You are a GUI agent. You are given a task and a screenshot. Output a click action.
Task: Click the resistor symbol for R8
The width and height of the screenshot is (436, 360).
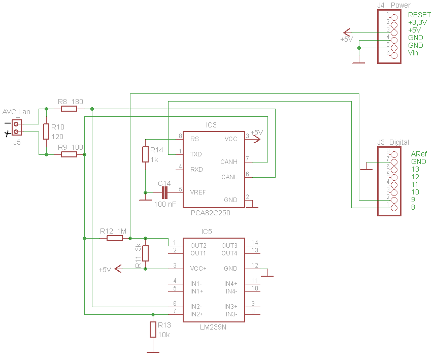[x=69, y=109]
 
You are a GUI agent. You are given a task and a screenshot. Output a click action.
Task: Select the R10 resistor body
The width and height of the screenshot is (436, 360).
[x=46, y=132]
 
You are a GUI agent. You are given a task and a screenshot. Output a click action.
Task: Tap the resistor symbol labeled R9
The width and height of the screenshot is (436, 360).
[x=69, y=154]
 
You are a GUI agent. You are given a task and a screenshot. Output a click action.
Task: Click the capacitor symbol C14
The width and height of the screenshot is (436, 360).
[x=164, y=192]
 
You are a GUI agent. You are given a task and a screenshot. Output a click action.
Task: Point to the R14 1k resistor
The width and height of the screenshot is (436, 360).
[x=145, y=154]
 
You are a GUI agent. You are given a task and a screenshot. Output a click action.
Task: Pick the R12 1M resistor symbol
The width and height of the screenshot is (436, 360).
[x=115, y=238]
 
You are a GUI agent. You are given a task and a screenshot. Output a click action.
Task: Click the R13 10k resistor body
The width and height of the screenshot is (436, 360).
[x=153, y=330]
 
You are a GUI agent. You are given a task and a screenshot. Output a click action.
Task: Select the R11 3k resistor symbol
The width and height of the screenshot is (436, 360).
[x=145, y=253]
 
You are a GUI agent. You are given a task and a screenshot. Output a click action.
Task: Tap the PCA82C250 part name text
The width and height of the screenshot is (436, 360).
[x=211, y=213]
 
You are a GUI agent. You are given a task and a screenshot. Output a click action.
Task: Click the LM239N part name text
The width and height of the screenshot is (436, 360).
[x=213, y=327]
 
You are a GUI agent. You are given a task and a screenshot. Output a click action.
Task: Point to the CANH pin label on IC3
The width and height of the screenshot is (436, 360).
[x=229, y=162]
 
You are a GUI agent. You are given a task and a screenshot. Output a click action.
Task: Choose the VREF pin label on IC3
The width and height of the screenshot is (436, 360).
[x=198, y=192]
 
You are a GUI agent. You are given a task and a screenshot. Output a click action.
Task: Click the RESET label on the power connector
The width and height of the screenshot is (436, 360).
[x=419, y=15]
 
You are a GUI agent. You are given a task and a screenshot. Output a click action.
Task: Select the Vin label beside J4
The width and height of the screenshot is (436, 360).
[x=413, y=53]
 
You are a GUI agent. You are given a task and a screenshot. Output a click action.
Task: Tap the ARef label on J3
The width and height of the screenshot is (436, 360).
[x=419, y=154]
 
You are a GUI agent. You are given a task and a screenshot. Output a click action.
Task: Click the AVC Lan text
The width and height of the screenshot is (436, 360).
[x=16, y=112]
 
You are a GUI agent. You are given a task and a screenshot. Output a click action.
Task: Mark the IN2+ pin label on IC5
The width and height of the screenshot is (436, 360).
[x=197, y=314]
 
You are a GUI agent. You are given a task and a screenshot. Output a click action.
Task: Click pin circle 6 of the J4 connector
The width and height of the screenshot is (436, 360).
[x=394, y=56]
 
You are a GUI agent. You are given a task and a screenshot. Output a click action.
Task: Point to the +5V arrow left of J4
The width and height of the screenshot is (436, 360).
[x=347, y=32]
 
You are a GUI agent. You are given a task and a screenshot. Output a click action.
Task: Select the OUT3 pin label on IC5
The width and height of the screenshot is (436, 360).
[x=229, y=246]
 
